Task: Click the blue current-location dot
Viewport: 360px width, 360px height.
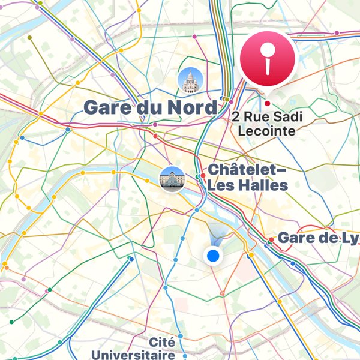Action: pyautogui.click(x=213, y=256)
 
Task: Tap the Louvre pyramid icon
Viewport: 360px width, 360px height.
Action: pyautogui.click(x=170, y=178)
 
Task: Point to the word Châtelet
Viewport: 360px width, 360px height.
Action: pyautogui.click(x=243, y=170)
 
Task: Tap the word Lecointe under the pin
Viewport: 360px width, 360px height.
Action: pyautogui.click(x=267, y=130)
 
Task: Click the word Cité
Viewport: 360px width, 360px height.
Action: pyautogui.click(x=162, y=342)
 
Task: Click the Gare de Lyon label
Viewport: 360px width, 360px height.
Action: pyautogui.click(x=318, y=238)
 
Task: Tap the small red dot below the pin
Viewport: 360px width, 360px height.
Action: pyautogui.click(x=267, y=103)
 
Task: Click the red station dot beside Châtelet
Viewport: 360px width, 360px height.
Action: pyautogui.click(x=203, y=176)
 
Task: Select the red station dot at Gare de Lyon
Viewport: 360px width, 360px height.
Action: pyautogui.click(x=272, y=239)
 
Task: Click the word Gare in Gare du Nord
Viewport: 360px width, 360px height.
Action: pyautogui.click(x=106, y=108)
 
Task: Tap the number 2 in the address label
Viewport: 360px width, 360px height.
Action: pyautogui.click(x=235, y=116)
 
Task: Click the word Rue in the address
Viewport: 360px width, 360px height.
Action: pyautogui.click(x=254, y=116)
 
